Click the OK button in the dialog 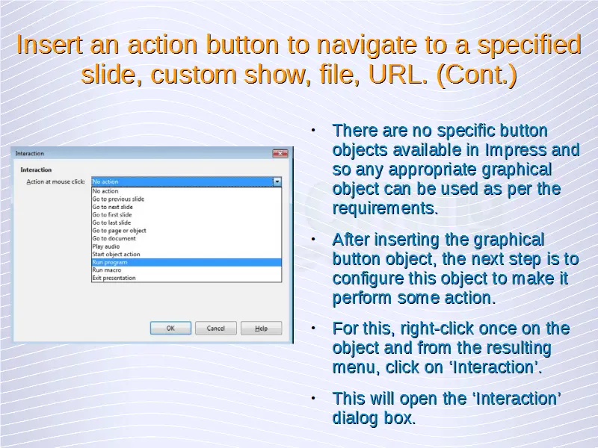(170, 328)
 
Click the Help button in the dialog (261, 328)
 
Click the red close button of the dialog (280, 153)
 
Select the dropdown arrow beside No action (277, 181)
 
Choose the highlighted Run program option (186, 262)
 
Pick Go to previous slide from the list (118, 199)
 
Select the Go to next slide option (113, 207)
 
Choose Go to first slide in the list (111, 215)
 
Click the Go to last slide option (111, 223)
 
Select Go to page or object (119, 231)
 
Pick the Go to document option (114, 238)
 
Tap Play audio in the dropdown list (105, 246)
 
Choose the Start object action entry (116, 254)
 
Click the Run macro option (106, 270)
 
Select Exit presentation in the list (114, 278)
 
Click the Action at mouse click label (55, 181)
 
